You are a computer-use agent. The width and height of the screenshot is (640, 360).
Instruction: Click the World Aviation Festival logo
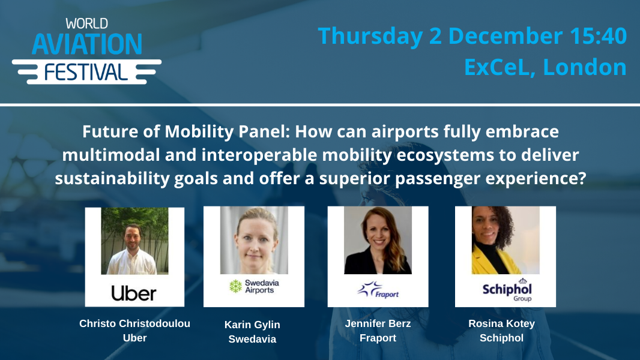click(86, 50)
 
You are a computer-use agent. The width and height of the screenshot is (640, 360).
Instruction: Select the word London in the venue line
click(585, 67)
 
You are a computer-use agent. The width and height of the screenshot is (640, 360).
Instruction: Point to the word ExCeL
click(498, 67)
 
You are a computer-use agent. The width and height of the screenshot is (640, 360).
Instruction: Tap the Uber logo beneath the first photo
click(134, 293)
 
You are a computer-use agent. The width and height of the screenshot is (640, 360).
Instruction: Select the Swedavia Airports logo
click(253, 287)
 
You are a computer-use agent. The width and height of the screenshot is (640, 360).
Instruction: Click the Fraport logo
click(378, 290)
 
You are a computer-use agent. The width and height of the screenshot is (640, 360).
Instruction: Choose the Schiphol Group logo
click(506, 290)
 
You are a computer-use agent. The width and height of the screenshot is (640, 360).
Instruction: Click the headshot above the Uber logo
click(134, 241)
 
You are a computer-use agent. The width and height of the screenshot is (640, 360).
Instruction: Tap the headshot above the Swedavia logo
click(253, 240)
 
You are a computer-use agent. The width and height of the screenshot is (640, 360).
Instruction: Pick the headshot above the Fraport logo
click(378, 240)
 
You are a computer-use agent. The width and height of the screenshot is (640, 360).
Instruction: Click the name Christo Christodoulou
click(134, 323)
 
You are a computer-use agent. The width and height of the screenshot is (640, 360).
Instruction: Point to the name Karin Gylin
click(252, 325)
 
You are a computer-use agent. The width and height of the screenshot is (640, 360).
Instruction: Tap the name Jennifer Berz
click(378, 323)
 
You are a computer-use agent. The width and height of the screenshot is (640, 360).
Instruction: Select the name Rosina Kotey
click(501, 323)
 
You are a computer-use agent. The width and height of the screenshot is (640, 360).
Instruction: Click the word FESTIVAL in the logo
click(86, 72)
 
